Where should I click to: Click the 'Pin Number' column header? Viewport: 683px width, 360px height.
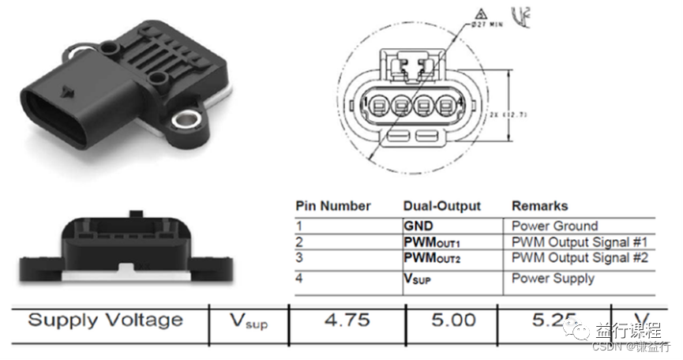tap(332, 206)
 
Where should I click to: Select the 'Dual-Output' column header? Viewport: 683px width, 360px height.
tap(441, 206)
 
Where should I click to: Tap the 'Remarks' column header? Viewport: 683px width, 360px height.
tap(539, 206)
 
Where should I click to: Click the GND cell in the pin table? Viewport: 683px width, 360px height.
tap(418, 226)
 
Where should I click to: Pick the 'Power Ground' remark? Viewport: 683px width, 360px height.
tap(554, 226)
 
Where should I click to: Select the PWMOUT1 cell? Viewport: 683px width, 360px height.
tap(431, 242)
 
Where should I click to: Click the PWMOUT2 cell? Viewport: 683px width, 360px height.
tap(431, 258)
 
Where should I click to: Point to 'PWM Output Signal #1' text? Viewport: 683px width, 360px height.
tap(580, 242)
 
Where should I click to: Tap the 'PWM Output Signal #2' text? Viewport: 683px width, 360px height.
tap(580, 258)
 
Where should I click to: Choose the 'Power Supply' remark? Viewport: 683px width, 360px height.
tap(553, 278)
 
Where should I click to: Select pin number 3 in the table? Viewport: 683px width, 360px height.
tap(299, 258)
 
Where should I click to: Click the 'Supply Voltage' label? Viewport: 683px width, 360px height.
tap(105, 320)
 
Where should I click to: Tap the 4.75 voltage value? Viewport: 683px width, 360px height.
tap(347, 320)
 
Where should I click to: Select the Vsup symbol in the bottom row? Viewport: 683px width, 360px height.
tap(248, 321)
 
